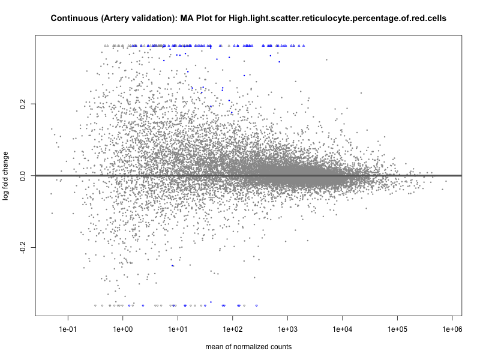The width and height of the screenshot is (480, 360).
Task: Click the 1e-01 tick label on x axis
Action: pos(68,329)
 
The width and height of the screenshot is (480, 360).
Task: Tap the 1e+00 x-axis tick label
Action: pos(123,329)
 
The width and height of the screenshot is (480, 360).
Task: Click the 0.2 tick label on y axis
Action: pos(23,104)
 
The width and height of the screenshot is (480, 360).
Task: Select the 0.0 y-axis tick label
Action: pos(23,176)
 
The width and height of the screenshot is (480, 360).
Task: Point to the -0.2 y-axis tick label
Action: pos(23,247)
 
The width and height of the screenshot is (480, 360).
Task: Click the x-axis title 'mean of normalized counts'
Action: pos(248,347)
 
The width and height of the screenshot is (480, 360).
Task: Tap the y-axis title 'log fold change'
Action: pos(6,176)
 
